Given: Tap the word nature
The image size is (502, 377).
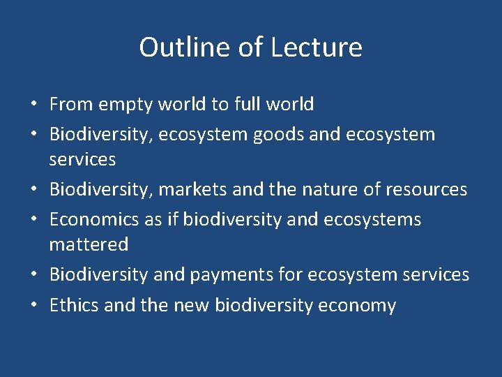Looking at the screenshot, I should coord(304,189).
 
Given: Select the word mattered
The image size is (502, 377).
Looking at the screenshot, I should coord(89,244).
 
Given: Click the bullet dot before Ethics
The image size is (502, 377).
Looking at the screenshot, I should coord(33,306).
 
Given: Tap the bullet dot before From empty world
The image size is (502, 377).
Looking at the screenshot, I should coord(33,105).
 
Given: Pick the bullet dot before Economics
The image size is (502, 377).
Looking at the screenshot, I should coord(33,220).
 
